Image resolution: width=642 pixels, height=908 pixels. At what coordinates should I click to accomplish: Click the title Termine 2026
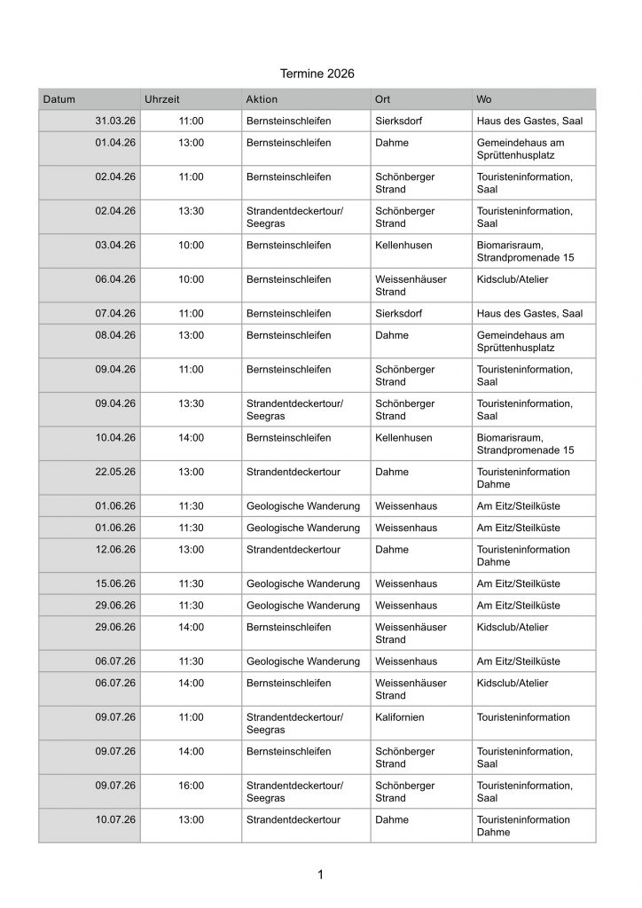tap(317, 74)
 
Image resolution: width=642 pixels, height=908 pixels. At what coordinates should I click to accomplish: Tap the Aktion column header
tap(262, 98)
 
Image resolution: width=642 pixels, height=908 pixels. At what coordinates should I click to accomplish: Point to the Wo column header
tap(484, 98)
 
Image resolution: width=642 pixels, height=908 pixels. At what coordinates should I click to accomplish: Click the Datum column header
tap(59, 98)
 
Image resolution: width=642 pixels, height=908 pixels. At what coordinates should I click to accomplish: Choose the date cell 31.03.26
tap(114, 121)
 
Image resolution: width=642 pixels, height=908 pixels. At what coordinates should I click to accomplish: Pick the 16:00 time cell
tap(191, 785)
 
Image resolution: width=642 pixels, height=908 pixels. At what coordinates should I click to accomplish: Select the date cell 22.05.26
tap(114, 472)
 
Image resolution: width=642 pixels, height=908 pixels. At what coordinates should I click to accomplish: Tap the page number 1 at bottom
tap(320, 875)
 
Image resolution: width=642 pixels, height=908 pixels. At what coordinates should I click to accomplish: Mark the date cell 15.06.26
tap(114, 583)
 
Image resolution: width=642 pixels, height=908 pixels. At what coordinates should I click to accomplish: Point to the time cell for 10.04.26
tap(191, 438)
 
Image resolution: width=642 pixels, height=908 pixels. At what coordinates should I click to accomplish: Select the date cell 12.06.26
tap(114, 550)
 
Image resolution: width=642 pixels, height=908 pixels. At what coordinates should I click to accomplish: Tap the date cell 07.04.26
tap(114, 313)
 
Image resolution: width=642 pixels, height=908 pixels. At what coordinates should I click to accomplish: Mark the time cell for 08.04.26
tap(191, 335)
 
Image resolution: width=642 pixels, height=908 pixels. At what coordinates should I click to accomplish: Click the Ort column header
tap(383, 98)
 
